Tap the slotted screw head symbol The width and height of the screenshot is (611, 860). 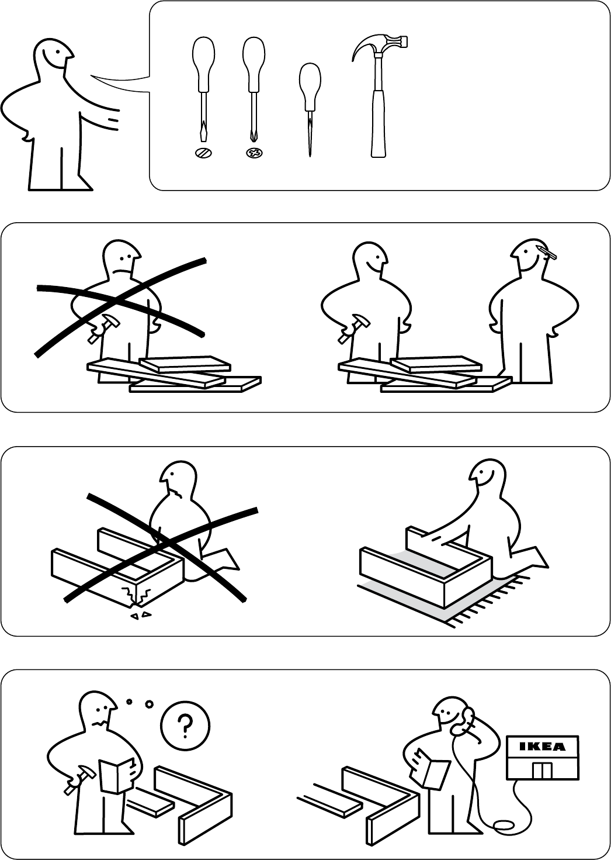pyautogui.click(x=203, y=153)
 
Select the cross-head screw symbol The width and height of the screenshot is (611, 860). pyautogui.click(x=254, y=153)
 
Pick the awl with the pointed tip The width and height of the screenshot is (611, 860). pyautogui.click(x=310, y=109)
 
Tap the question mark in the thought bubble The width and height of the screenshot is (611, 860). pyautogui.click(x=185, y=725)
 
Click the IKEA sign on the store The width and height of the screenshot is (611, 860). pyautogui.click(x=542, y=746)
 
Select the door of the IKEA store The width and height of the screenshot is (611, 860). pyautogui.click(x=542, y=771)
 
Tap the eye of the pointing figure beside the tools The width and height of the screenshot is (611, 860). pyautogui.click(x=57, y=52)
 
